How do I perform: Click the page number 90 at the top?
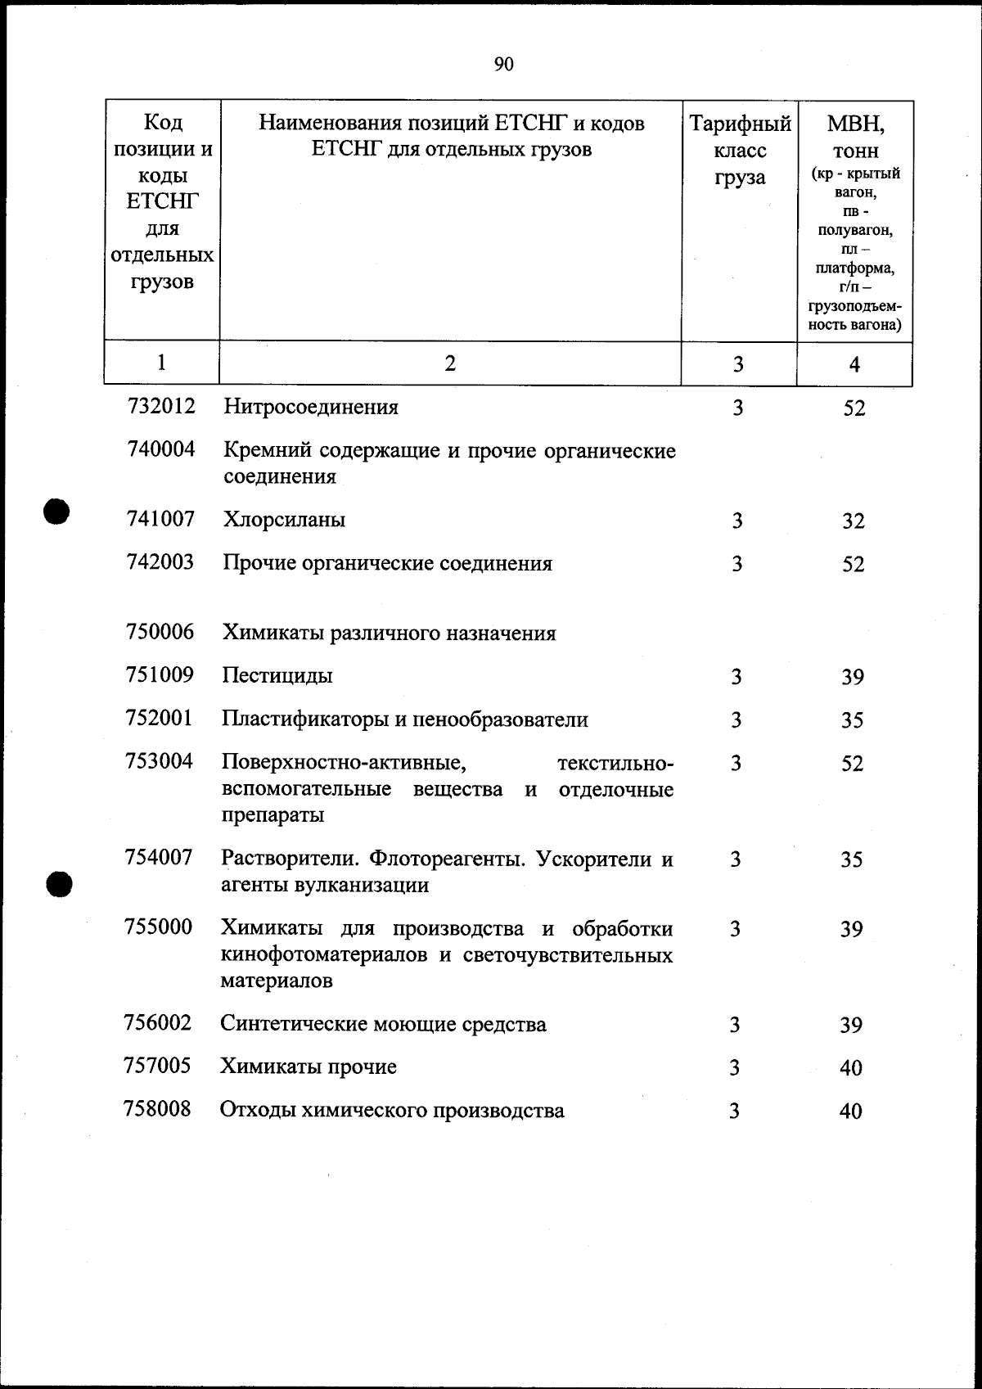pos(504,64)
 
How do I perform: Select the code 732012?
pos(162,406)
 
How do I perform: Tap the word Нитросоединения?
pos(311,407)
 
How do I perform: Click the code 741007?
pos(161,519)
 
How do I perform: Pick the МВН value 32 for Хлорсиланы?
pos(854,521)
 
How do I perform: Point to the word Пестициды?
pos(277,676)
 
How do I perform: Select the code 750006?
pos(160,632)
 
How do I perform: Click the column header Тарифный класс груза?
pos(740,151)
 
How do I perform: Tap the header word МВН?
pos(856,124)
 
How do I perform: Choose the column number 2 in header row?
pos(450,363)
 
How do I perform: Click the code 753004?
pos(160,761)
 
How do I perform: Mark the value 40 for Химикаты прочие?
pos(851,1068)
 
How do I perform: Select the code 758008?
pos(157,1109)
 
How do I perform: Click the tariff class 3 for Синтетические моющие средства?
pos(735,1025)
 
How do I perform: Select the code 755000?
pos(158,927)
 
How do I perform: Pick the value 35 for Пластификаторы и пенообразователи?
pos(853,720)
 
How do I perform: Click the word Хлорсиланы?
pos(284,520)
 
